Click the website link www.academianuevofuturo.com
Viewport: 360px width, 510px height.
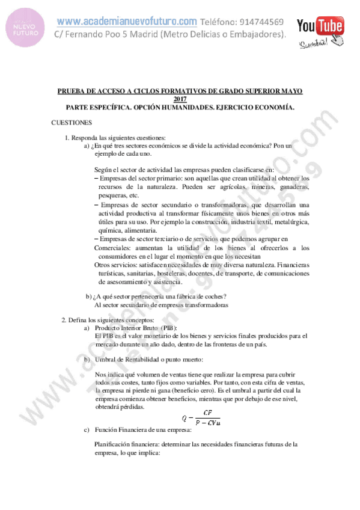pos(127,22)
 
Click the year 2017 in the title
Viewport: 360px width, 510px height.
pos(180,99)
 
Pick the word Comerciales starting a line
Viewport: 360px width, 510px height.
pos(116,248)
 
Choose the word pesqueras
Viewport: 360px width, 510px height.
pos(114,195)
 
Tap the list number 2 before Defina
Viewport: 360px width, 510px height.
pos(64,319)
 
